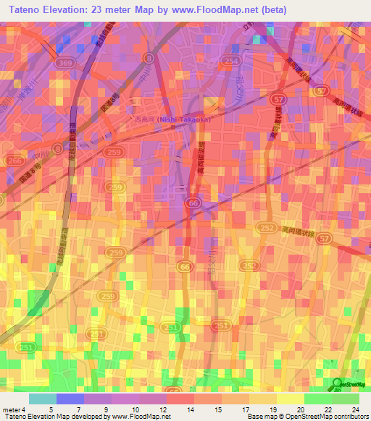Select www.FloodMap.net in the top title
click(220, 10)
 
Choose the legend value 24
click(355, 409)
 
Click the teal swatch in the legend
click(43, 399)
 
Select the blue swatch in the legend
click(70, 399)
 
